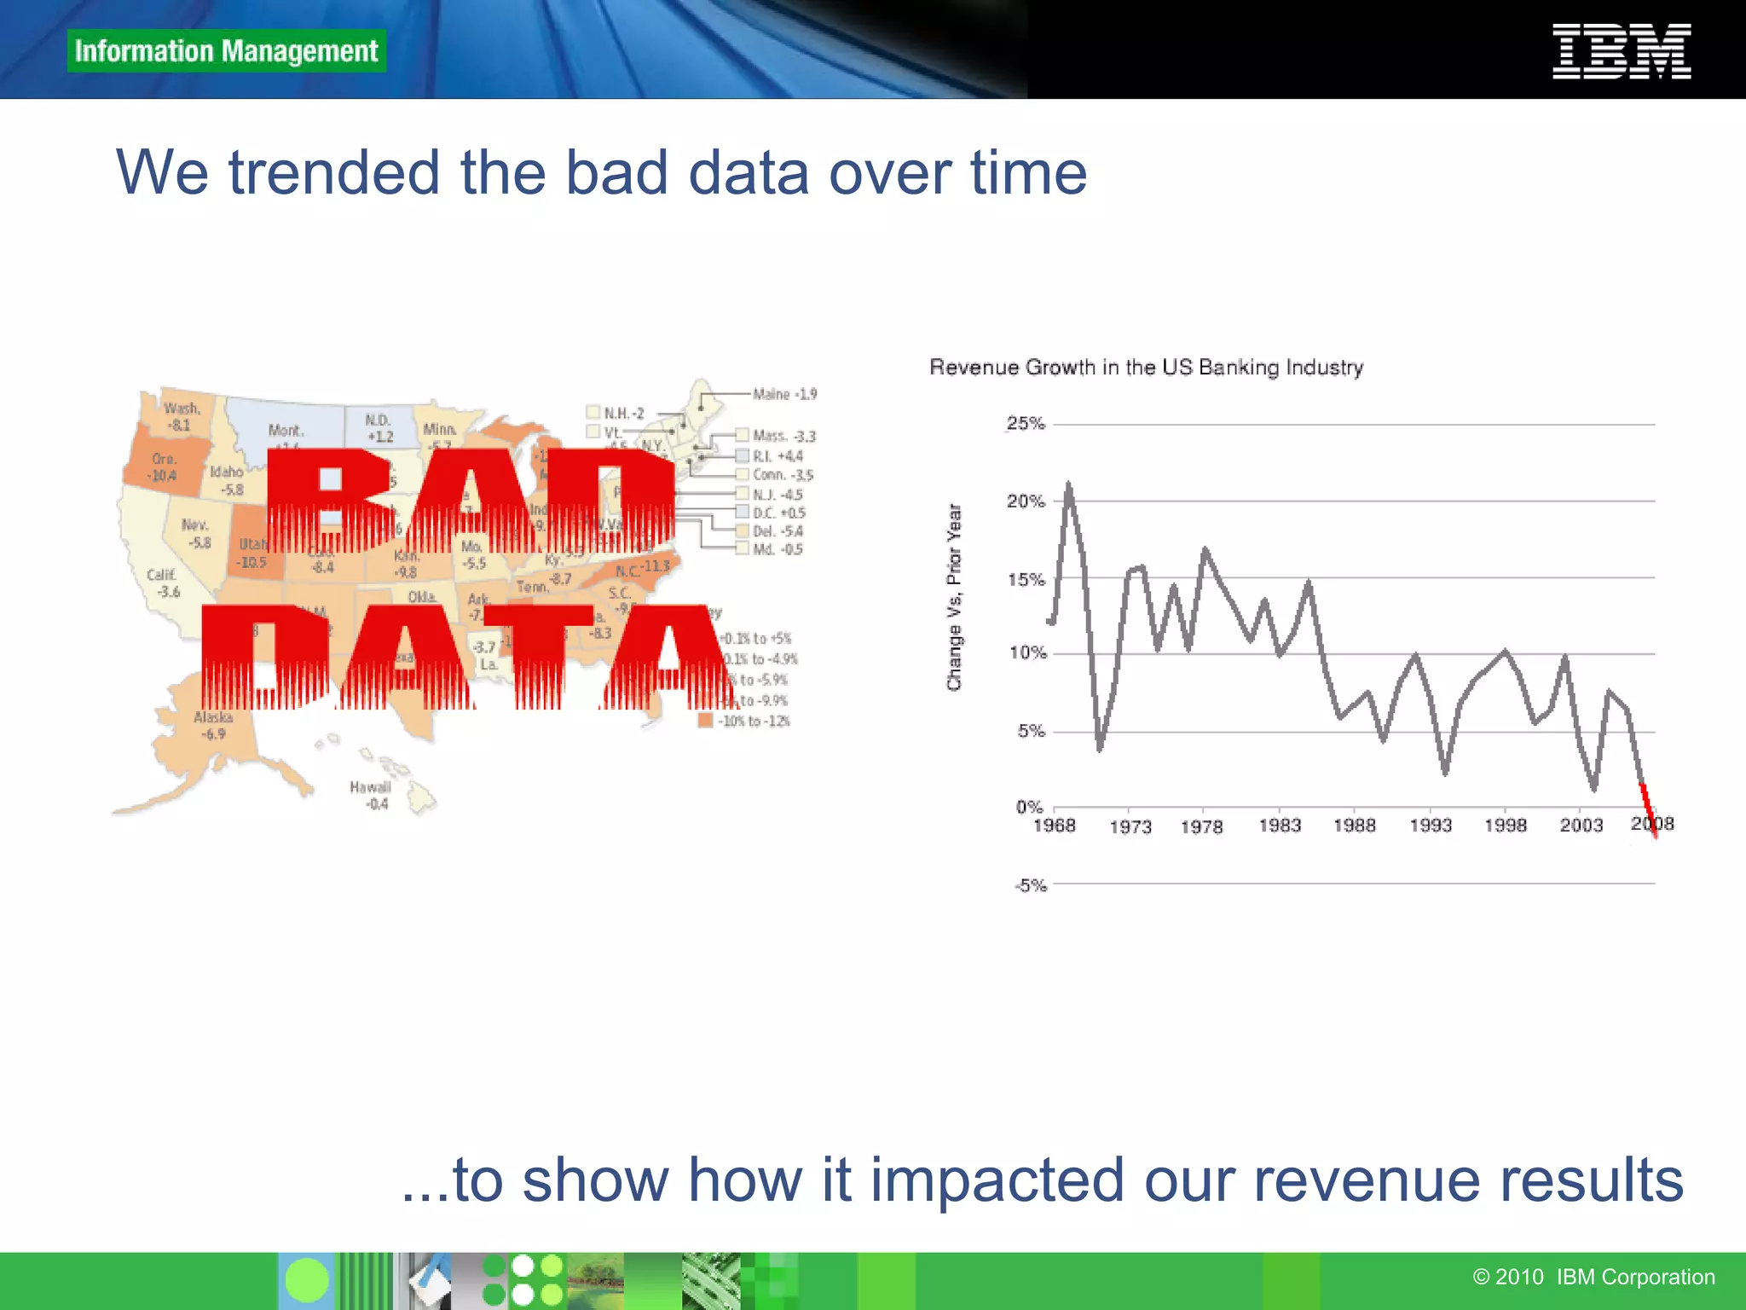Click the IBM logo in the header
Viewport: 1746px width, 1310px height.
[1621, 51]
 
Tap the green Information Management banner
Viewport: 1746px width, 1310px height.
[226, 51]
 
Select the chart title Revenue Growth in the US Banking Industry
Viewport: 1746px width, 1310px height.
[1146, 368]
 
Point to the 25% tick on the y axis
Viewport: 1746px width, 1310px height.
[1026, 424]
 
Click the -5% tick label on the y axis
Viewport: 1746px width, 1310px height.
[1030, 885]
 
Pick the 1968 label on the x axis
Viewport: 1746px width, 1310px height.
[1055, 826]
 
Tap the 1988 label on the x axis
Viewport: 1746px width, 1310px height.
[1355, 826]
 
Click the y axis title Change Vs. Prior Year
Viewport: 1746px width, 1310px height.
[954, 597]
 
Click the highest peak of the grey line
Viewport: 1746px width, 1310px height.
[1068, 486]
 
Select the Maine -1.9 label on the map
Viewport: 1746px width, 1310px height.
[784, 394]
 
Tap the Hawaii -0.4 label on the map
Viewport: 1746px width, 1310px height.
[370, 795]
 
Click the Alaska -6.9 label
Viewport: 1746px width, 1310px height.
[213, 726]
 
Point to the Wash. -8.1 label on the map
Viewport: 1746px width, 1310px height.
[181, 417]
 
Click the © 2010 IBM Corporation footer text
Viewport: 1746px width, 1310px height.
[1593, 1277]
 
